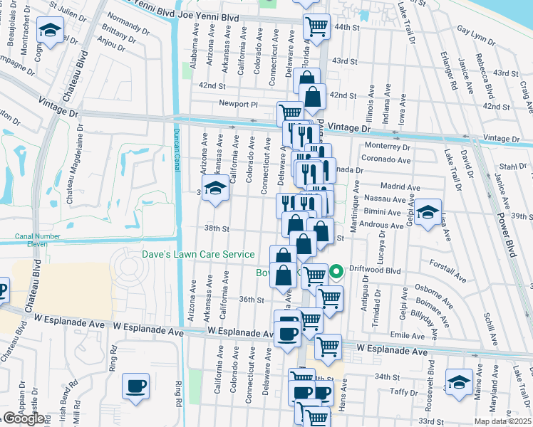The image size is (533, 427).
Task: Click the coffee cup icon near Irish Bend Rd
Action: point(135,386)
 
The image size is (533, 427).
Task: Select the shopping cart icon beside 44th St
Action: point(316,28)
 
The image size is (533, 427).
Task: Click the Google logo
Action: point(24,418)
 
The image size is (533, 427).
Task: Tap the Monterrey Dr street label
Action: point(386,147)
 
